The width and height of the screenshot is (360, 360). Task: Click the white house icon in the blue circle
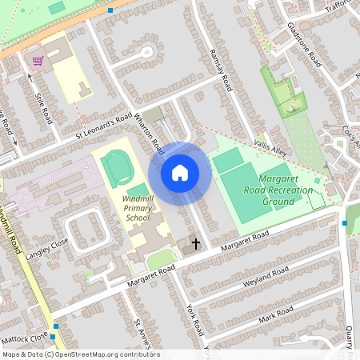(x=180, y=172)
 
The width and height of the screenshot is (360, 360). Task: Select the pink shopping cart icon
(x=37, y=61)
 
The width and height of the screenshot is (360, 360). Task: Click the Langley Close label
(x=47, y=246)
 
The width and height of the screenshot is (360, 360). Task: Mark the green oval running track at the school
(x=118, y=167)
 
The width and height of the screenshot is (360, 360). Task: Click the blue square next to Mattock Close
(x=55, y=326)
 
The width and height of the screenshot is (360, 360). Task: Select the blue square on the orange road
(x=110, y=10)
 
